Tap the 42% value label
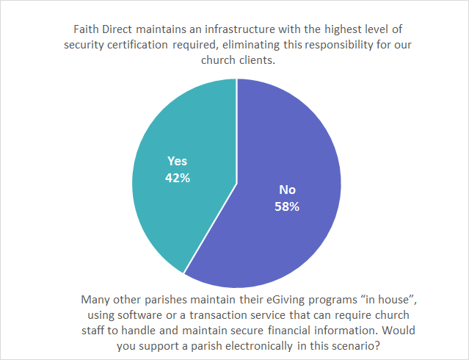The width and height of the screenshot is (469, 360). [x=178, y=177]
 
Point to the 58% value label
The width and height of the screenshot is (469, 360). [x=287, y=206]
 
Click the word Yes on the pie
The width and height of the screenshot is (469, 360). [x=178, y=161]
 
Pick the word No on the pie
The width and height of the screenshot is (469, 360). [x=287, y=190]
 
